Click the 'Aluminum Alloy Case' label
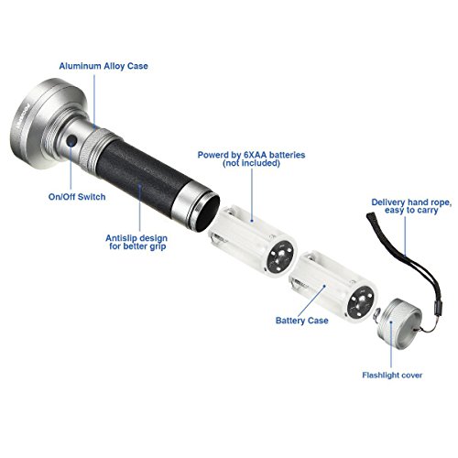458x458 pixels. coord(104,66)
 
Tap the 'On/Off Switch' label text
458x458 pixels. coord(77,197)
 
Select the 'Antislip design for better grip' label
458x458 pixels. coord(136,242)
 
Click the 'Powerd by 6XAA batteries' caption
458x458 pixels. coord(251,155)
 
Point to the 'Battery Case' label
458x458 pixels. coord(302,321)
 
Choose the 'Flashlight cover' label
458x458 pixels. coord(392,375)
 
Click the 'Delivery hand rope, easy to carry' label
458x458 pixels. coord(411,206)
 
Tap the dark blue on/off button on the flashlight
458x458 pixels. coord(71,140)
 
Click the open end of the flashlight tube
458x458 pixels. coord(208,213)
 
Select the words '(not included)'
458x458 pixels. coord(251,163)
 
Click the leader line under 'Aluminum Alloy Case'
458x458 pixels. coord(94,101)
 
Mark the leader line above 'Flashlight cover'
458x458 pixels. coord(391,344)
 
